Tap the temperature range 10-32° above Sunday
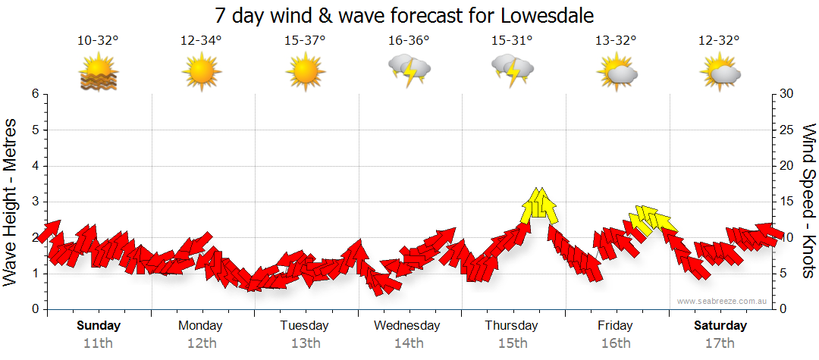[x=98, y=42]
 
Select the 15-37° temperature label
[x=305, y=42]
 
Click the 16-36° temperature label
[x=409, y=42]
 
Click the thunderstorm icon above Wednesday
[x=409, y=70]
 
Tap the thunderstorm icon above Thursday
[x=513, y=70]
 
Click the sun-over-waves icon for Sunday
[x=98, y=73]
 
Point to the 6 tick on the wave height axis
[x=34, y=94]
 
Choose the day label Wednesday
[x=408, y=326]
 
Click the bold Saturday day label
[x=720, y=326]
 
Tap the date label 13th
[x=305, y=343]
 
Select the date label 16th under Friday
[x=616, y=343]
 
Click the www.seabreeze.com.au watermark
[x=723, y=302]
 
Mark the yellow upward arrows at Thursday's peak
[x=539, y=205]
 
